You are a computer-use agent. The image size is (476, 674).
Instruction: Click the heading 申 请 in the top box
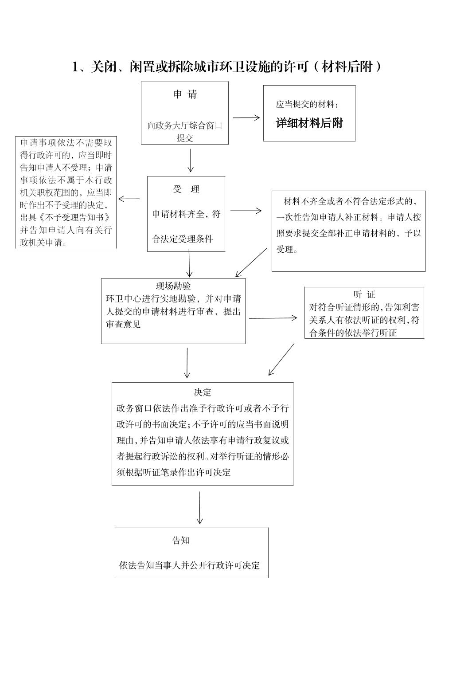pos(185,94)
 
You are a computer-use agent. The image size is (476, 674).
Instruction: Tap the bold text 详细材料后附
pos(309,123)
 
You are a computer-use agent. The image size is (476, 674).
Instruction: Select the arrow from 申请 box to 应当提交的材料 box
pos(246,118)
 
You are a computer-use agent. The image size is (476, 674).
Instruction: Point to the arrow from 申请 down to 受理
pos(191,160)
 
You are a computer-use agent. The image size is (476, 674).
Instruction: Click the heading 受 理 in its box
pos(186,189)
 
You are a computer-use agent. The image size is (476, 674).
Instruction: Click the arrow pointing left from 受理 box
pos(129,199)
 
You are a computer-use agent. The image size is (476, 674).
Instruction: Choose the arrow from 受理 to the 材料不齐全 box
pos(246,211)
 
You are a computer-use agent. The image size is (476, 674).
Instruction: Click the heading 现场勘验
pos(173,286)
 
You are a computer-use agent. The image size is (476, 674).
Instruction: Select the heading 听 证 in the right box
pos(364,294)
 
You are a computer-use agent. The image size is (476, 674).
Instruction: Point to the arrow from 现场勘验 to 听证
pos(273,318)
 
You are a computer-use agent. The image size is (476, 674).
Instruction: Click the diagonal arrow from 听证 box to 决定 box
pos(281,359)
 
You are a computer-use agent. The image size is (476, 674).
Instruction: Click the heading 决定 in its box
pos(203,392)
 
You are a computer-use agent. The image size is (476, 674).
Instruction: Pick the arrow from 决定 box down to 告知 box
pos(199,508)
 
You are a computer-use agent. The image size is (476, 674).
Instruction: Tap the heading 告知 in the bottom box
pos(181,540)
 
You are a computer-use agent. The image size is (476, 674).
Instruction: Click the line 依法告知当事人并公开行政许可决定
pos(189,565)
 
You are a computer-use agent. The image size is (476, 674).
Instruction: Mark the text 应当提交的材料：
pos(308,105)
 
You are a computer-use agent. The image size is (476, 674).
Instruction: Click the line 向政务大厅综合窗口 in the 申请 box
pos(185,125)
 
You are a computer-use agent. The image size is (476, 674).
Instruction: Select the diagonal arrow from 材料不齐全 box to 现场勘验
pos(251,263)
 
